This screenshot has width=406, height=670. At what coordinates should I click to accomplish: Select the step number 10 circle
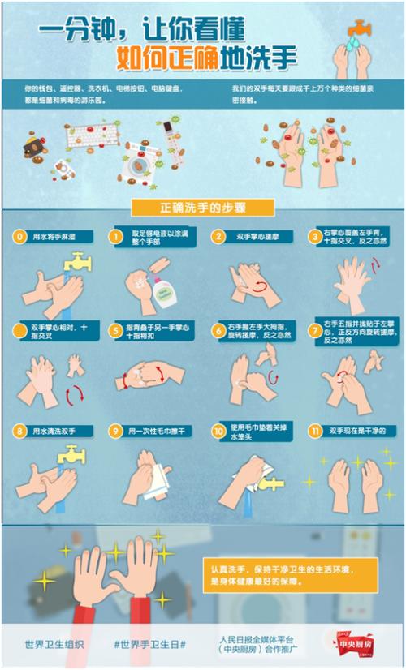click(x=218, y=431)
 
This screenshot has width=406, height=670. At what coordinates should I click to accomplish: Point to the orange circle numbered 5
click(x=116, y=329)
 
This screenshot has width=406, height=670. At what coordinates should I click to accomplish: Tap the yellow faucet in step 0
click(x=80, y=261)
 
